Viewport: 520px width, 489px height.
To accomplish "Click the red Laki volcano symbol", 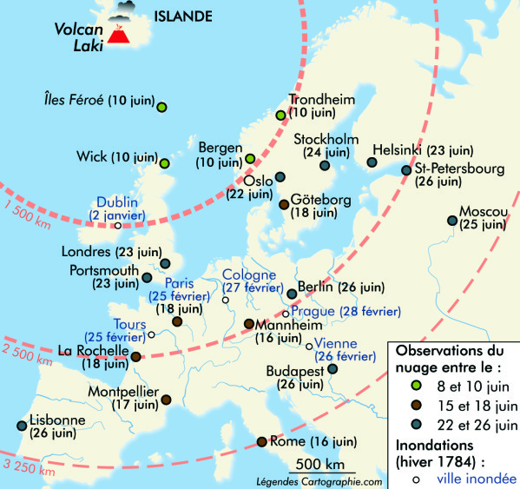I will (115, 41).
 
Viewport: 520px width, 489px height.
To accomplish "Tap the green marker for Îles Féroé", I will (161, 107).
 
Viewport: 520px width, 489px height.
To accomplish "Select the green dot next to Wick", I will (164, 162).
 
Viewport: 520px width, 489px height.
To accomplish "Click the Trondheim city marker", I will (280, 115).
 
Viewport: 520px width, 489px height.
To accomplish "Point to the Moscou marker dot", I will (451, 221).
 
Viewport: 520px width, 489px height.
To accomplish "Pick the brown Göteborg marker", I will (284, 205).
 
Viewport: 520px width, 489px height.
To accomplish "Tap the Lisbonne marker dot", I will (21, 426).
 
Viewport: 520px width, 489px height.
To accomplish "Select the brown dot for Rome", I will (262, 442).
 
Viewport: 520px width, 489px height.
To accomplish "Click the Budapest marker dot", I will (332, 369).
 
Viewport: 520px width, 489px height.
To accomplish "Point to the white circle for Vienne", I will (309, 346).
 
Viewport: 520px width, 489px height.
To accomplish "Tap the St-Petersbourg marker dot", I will (405, 170).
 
